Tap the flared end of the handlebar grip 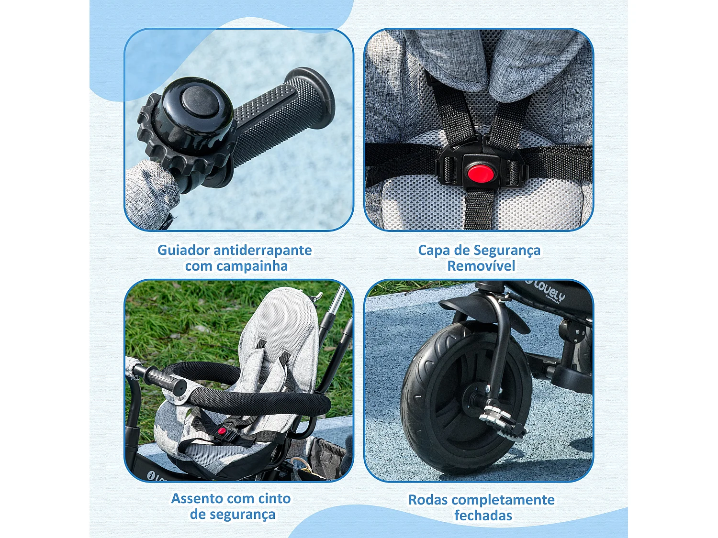[x=316, y=96]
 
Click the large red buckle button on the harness [x=481, y=173]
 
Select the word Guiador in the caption [x=183, y=250]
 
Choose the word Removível [x=481, y=266]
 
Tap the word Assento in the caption [x=194, y=498]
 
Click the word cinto [x=274, y=498]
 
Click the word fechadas [x=483, y=516]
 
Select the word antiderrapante [x=262, y=250]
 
